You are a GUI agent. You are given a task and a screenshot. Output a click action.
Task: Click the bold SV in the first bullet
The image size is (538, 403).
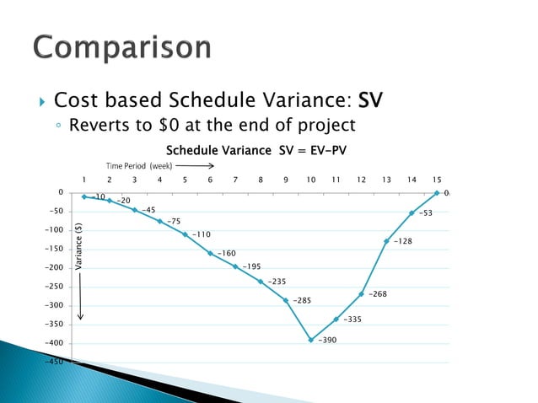[x=369, y=101]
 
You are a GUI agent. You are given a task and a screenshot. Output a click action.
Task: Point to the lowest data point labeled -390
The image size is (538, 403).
[x=311, y=340]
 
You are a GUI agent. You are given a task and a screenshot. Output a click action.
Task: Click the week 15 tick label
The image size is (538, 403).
[x=436, y=179]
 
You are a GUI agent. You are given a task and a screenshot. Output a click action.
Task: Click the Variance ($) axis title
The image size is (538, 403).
[x=79, y=244]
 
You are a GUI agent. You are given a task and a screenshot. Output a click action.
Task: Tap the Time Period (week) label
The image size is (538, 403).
[x=139, y=166]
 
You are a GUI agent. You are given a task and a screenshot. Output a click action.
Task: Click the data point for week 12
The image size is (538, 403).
[x=361, y=294]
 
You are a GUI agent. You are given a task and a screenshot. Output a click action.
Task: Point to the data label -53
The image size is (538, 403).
[x=426, y=213]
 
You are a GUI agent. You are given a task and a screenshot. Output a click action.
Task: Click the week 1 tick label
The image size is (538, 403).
[x=83, y=179]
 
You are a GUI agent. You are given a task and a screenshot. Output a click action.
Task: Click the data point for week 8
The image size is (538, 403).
[x=261, y=282]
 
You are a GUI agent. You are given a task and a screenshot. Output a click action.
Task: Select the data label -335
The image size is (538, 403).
[x=352, y=319]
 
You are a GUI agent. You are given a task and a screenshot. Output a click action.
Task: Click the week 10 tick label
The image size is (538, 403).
[x=311, y=179]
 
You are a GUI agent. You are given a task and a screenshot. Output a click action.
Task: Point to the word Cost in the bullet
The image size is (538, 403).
[x=73, y=101]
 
